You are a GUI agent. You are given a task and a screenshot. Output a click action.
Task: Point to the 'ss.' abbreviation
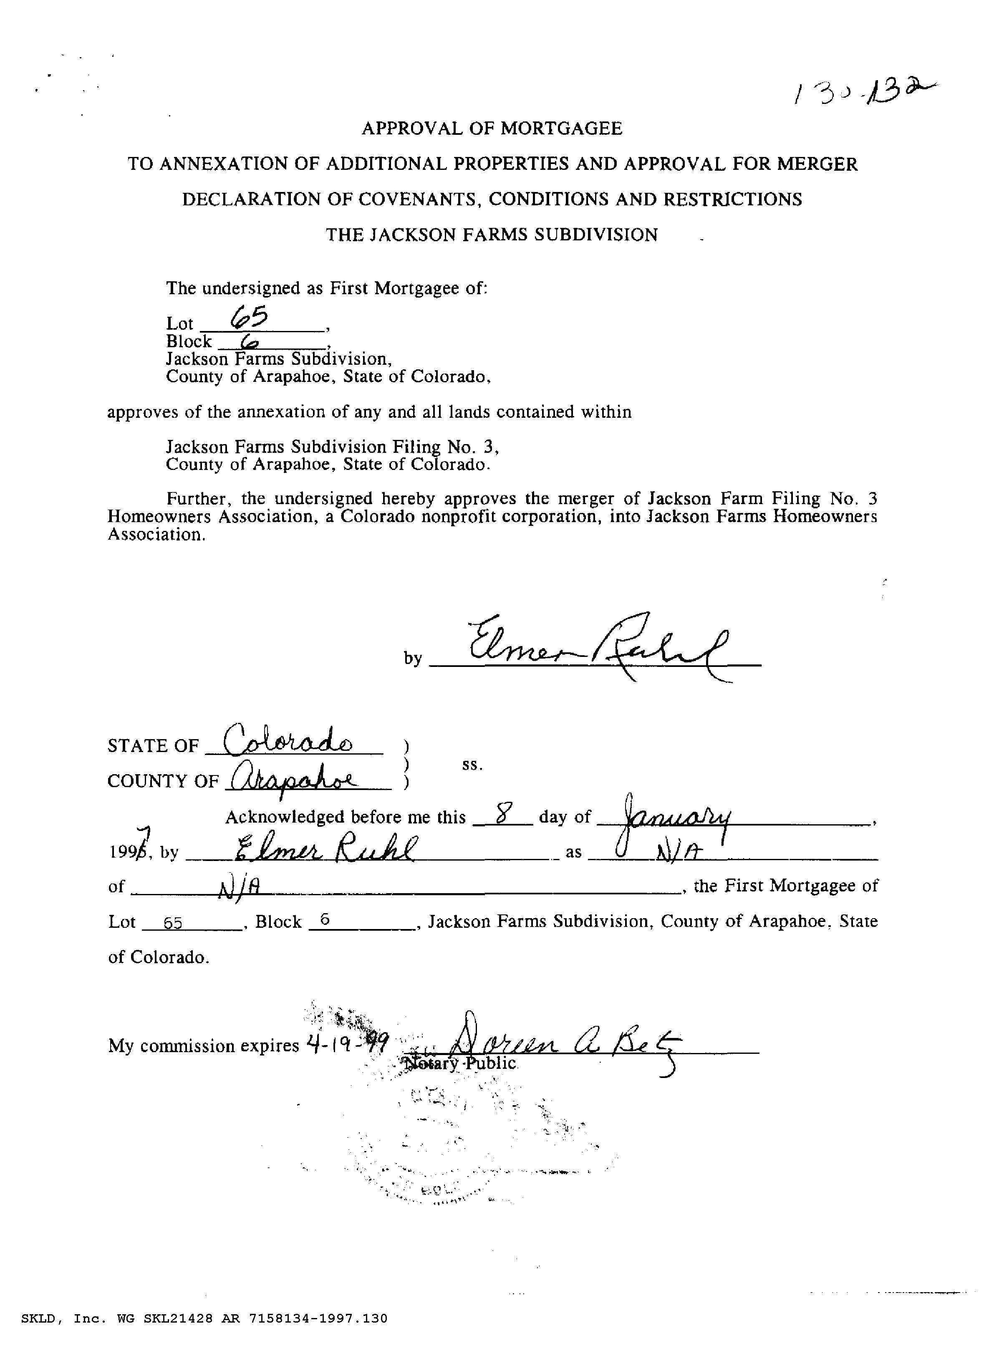[472, 765]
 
